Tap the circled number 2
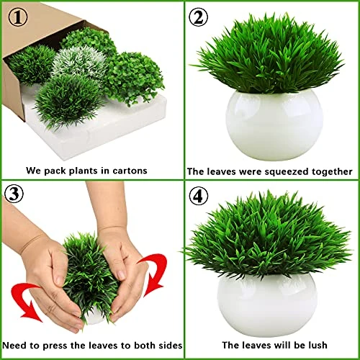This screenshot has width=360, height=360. (198, 17)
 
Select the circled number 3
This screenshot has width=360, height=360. (14, 194)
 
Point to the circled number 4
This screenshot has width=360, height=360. (198, 197)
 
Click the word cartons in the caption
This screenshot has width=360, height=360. (130, 171)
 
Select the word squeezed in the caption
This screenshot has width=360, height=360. (286, 172)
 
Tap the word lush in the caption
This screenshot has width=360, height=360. (318, 345)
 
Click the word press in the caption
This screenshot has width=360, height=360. (54, 346)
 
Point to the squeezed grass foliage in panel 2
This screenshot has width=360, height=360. (269, 54)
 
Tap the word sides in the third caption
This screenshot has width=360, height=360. (171, 346)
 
